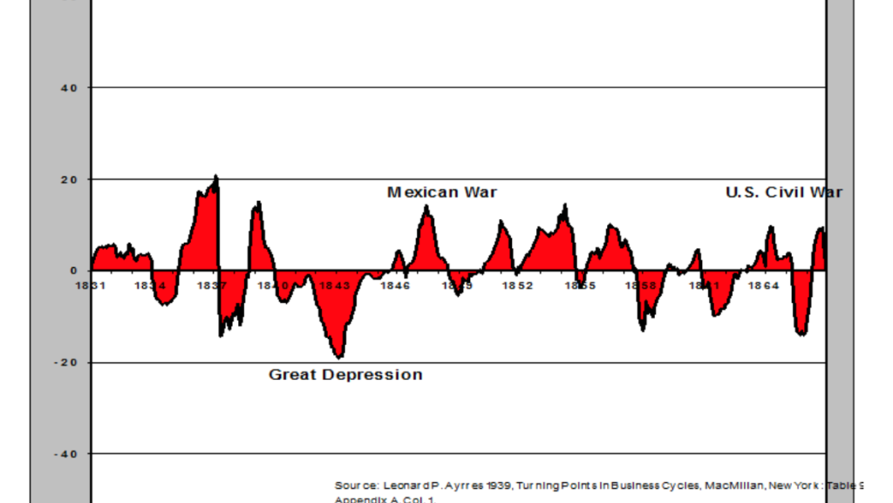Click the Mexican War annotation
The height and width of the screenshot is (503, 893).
(x=441, y=192)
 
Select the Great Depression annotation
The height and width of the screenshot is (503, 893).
(x=345, y=375)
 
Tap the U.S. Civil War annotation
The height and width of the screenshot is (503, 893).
(x=784, y=192)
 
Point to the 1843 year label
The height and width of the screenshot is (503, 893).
(x=334, y=286)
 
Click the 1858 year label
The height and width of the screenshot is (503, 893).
(x=640, y=286)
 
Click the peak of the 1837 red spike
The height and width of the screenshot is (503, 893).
(x=216, y=177)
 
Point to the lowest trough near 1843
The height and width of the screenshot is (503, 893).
(x=338, y=356)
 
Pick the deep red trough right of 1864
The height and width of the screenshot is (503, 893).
(x=801, y=333)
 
